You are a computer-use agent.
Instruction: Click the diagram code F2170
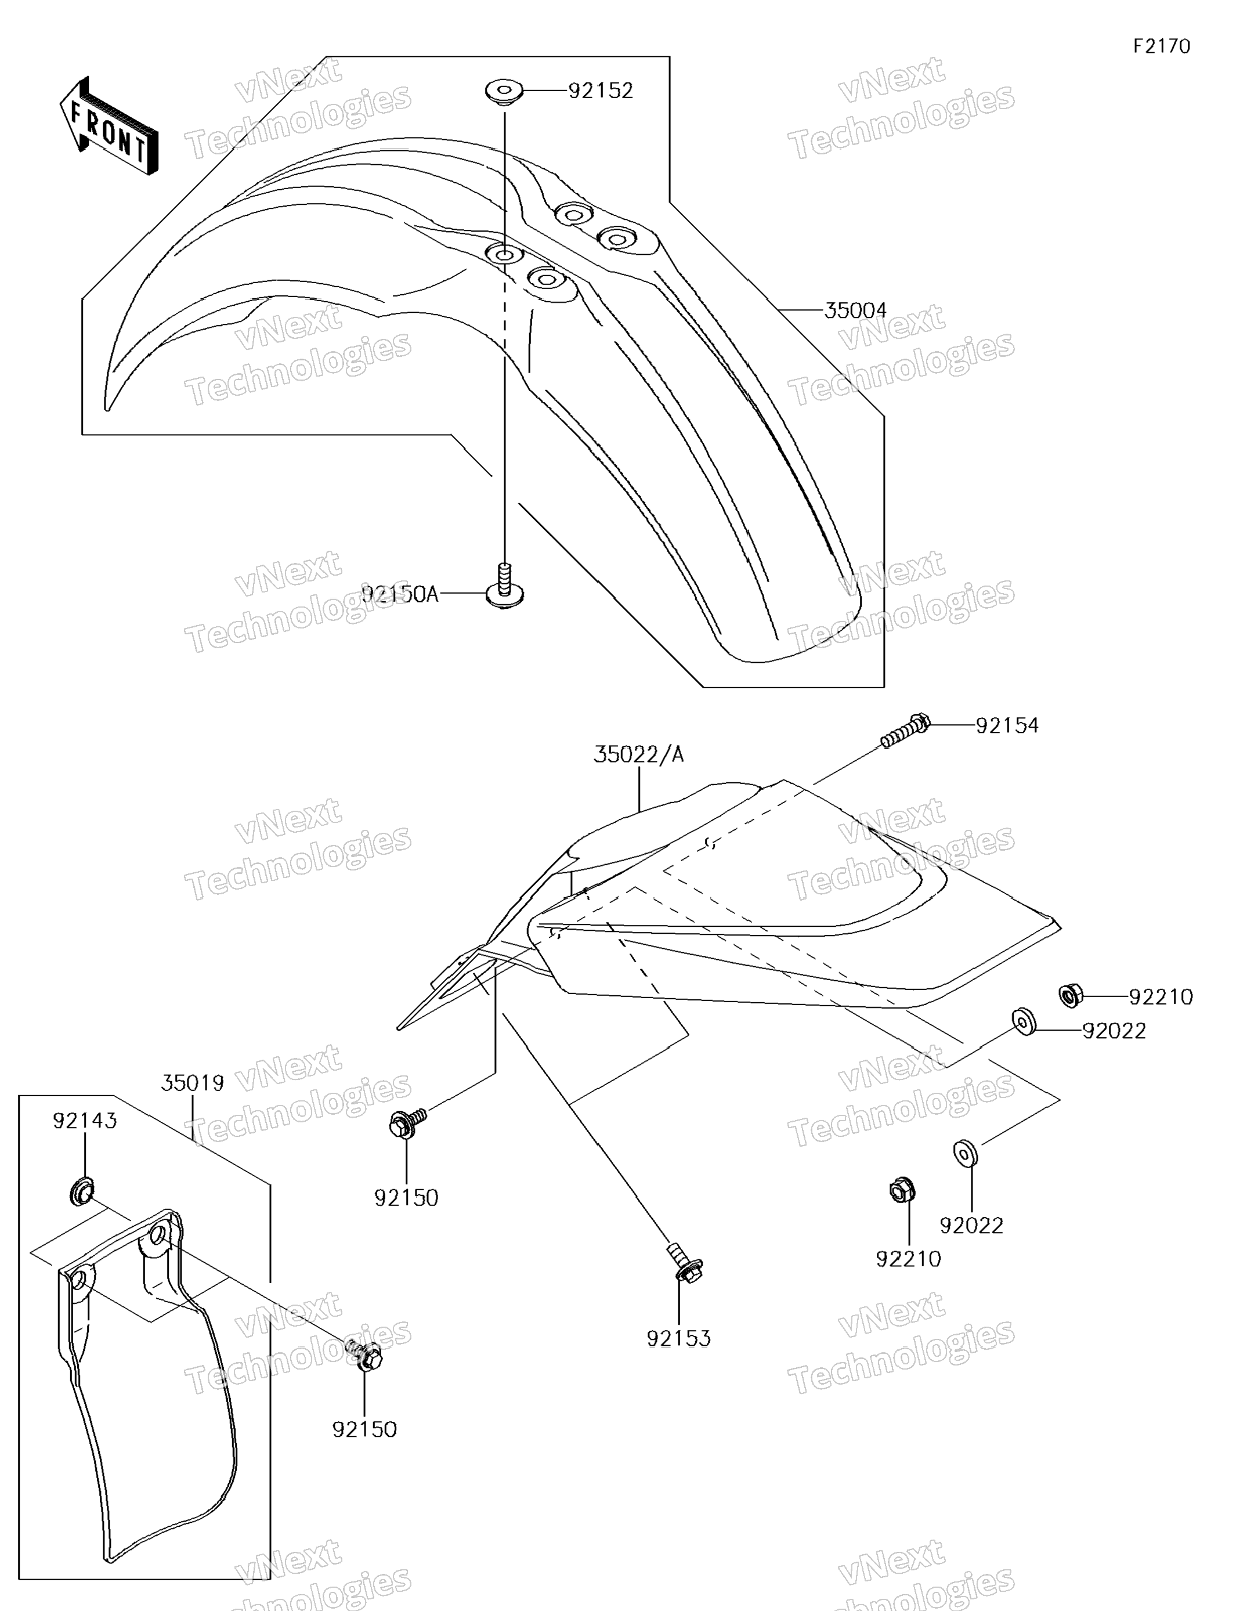1162,46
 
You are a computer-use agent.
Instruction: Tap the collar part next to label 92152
504,93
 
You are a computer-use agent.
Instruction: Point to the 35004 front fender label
855,310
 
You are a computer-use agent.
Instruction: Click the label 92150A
400,594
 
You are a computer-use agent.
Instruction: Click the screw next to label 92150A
505,586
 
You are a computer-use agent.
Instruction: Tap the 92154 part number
1007,726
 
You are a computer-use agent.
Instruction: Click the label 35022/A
639,754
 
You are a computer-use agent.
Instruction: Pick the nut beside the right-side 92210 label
1070,996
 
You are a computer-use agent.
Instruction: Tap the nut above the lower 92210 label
902,1189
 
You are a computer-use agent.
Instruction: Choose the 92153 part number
678,1339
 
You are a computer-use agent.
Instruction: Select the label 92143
85,1121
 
